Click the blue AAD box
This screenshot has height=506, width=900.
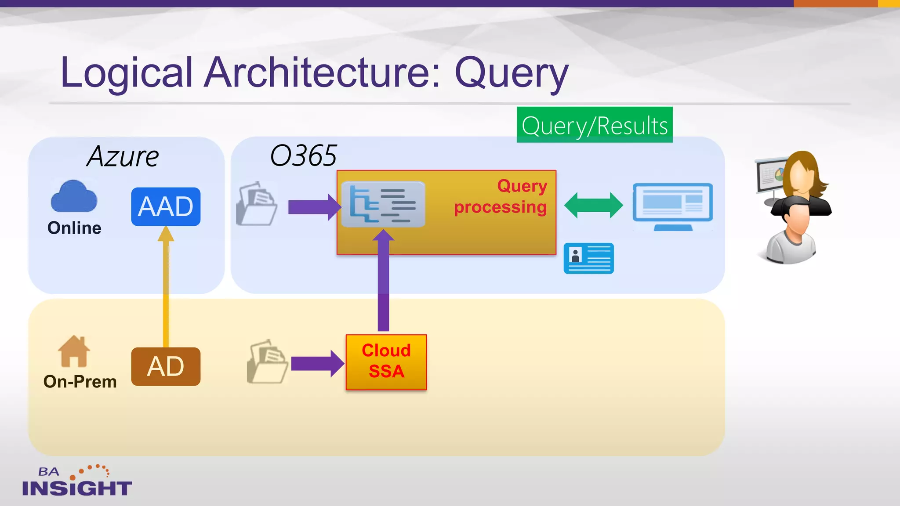[166, 206]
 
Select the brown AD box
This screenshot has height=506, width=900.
[166, 366]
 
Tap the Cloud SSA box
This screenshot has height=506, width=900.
[386, 362]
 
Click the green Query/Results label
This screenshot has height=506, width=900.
[594, 125]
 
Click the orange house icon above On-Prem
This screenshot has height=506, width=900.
[74, 351]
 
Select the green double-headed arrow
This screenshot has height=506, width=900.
[593, 205]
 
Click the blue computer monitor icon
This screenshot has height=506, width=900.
[672, 206]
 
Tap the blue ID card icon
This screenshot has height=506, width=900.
[588, 258]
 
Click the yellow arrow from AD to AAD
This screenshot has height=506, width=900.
[166, 290]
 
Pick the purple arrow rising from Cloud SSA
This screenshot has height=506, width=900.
[383, 286]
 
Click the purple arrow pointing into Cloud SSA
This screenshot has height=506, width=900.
[317, 363]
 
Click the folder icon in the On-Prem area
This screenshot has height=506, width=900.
[267, 362]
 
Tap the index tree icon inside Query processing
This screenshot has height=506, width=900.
[383, 204]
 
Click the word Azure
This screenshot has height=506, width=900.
[123, 156]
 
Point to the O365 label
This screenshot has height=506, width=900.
[303, 155]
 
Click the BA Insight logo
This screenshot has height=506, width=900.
[76, 481]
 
